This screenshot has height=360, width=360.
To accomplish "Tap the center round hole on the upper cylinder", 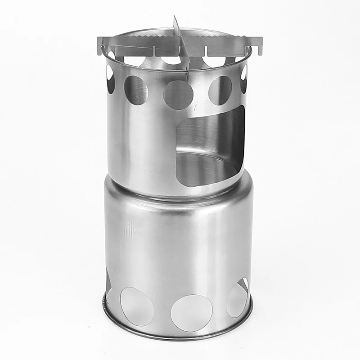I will pos(178,95).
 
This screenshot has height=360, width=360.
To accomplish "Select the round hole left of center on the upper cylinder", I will pos(136,90).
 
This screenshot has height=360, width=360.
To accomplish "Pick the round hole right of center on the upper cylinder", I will pos(220,90).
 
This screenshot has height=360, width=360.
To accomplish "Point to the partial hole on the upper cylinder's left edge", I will pos(110,79).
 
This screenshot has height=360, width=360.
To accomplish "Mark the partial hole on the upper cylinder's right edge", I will pos(244,79).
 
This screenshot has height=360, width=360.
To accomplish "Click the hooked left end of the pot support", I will pos(100,45).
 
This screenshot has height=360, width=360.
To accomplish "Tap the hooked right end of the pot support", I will pos(259,45).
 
